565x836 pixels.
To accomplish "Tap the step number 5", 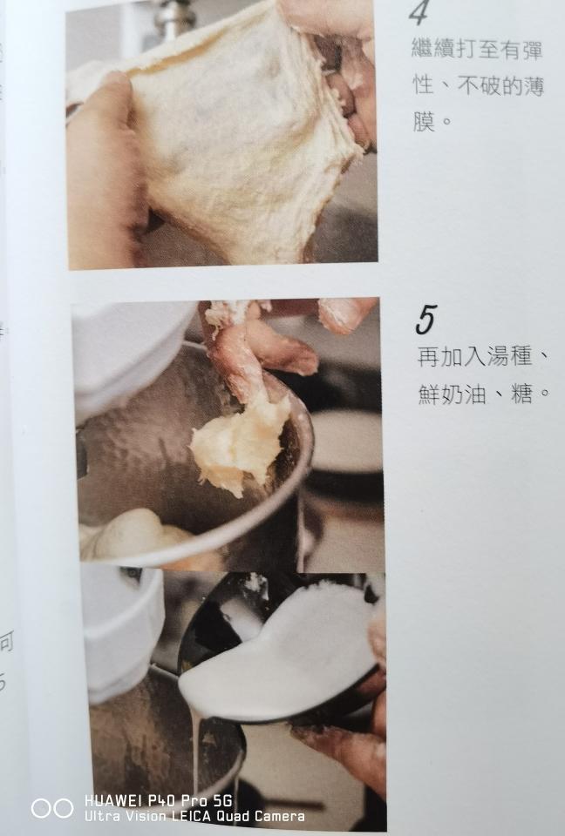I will (x=425, y=320).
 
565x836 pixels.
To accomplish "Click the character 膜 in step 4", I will (x=423, y=120).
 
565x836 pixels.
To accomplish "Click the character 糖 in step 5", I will (x=521, y=393).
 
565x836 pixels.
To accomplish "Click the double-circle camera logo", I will (x=52, y=808).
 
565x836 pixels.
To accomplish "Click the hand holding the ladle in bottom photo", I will (x=349, y=749).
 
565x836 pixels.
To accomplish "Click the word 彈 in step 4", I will (x=532, y=50).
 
